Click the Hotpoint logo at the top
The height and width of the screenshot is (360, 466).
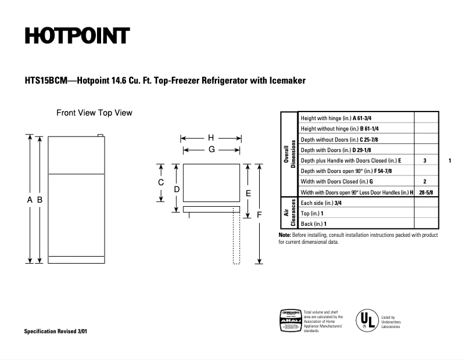pyautogui.click(x=76, y=36)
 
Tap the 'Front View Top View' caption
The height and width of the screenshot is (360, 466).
pyautogui.click(x=94, y=113)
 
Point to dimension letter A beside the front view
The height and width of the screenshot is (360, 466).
pyautogui.click(x=30, y=200)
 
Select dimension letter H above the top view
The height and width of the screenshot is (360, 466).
pyautogui.click(x=211, y=138)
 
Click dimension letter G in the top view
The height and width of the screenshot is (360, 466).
pyautogui.click(x=212, y=149)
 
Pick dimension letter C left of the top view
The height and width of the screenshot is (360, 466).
pyautogui.click(x=162, y=182)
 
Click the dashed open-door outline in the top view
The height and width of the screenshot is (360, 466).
pyautogui.click(x=236, y=238)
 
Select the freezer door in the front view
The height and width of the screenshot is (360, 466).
pyautogui.click(x=77, y=155)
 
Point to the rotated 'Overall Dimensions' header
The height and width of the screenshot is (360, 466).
pyautogui.click(x=289, y=154)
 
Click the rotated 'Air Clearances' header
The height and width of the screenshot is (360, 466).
pyautogui.click(x=289, y=213)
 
